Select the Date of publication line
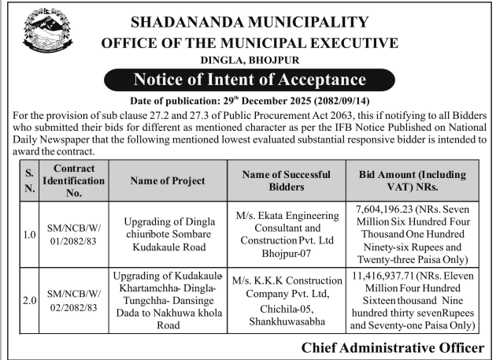tap(250, 100)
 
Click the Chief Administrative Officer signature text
tap(392, 347)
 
